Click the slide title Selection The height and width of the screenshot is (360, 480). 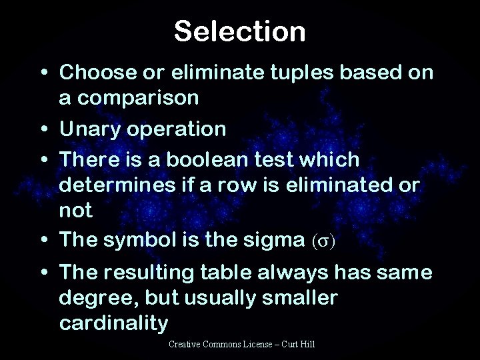click(240, 31)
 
